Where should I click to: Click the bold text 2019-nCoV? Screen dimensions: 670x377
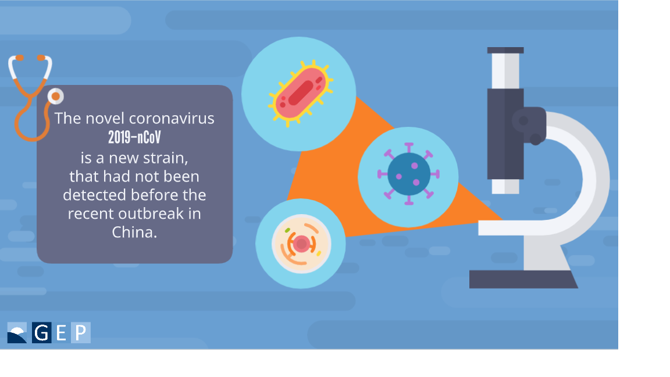tap(134, 138)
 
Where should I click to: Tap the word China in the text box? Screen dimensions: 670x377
tap(134, 232)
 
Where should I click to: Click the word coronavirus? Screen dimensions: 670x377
tap(172, 119)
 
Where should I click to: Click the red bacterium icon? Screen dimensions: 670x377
tap(300, 93)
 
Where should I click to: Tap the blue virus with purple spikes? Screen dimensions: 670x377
tap(408, 175)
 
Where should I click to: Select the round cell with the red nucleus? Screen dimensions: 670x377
tap(301, 244)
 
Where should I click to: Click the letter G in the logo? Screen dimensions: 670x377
tap(42, 333)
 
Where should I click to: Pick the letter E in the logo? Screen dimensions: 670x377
tap(61, 333)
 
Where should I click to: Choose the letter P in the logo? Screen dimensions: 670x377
tap(81, 333)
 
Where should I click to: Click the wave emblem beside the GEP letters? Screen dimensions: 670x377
tap(17, 333)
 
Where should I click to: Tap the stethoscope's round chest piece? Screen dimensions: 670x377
tap(56, 96)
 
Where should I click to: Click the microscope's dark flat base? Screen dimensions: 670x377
tap(523, 279)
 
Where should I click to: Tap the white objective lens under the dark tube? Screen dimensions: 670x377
tap(505, 186)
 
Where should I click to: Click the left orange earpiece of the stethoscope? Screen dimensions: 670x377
tap(19, 58)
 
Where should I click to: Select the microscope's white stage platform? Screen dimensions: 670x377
tap(513, 227)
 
